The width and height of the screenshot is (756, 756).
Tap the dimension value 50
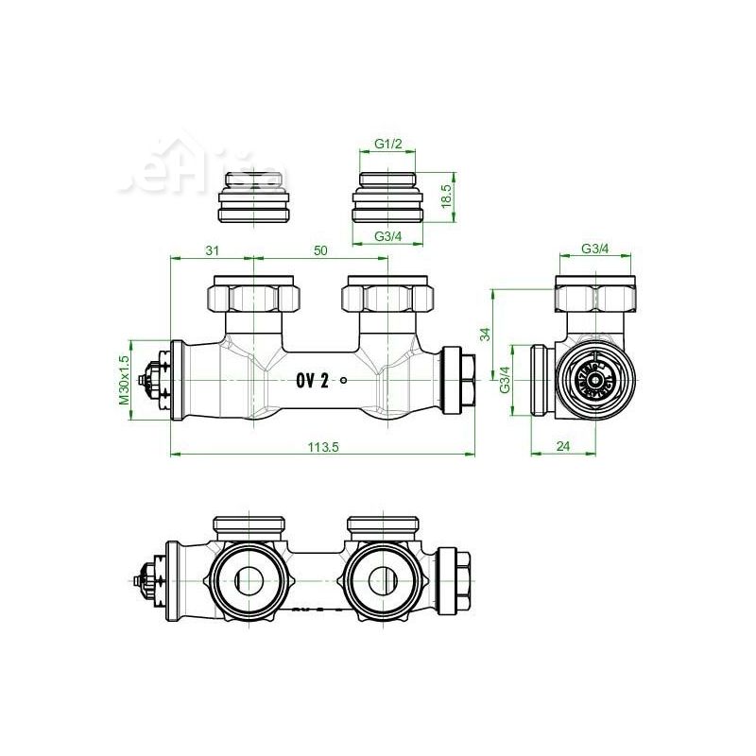tap(320, 249)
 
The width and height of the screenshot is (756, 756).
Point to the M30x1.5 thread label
tap(123, 380)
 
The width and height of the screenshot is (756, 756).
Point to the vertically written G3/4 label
tap(505, 380)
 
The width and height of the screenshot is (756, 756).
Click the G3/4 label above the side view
tap(595, 249)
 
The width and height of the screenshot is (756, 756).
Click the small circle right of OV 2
tap(344, 381)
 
